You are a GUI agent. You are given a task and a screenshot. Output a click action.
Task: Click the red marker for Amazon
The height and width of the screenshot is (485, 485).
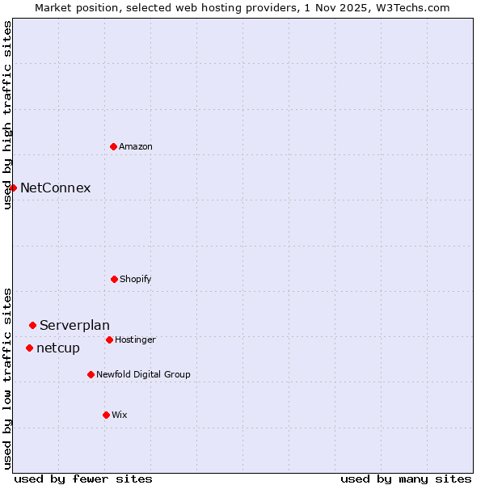pyautogui.click(x=113, y=146)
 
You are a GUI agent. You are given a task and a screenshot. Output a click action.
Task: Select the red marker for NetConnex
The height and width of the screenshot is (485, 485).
pyautogui.click(x=13, y=188)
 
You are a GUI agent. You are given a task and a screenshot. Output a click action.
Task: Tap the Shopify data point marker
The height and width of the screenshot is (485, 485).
pyautogui.click(x=114, y=279)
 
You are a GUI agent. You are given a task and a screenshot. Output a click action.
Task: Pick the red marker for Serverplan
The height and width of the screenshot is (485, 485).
pyautogui.click(x=32, y=325)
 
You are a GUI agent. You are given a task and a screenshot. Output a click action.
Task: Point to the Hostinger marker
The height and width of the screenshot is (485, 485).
pyautogui.click(x=109, y=339)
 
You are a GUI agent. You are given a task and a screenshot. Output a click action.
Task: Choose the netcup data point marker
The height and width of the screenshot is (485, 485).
pyautogui.click(x=29, y=348)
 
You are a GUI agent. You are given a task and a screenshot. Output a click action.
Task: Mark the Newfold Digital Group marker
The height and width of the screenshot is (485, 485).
pyautogui.click(x=91, y=374)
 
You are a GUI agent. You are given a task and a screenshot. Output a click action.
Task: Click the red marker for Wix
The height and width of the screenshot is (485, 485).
pyautogui.click(x=106, y=415)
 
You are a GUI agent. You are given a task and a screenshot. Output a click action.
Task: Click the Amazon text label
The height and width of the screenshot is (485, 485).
pyautogui.click(x=136, y=146)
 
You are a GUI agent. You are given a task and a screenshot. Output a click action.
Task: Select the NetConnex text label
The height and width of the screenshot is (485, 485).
pyautogui.click(x=55, y=188)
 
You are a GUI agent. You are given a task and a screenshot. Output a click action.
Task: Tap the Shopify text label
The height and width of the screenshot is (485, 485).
pyautogui.click(x=136, y=279)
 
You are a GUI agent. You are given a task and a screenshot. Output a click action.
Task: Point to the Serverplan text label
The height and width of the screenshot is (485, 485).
pyautogui.click(x=74, y=325)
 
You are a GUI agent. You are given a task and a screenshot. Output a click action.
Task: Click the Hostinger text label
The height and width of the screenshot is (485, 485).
pyautogui.click(x=135, y=339)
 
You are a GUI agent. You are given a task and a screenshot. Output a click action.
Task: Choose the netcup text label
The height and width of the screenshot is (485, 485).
pyautogui.click(x=58, y=348)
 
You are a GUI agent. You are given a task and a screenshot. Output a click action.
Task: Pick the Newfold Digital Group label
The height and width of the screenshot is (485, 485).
pyautogui.click(x=143, y=374)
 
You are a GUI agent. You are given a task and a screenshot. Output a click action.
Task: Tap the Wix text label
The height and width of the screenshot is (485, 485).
pyautogui.click(x=120, y=415)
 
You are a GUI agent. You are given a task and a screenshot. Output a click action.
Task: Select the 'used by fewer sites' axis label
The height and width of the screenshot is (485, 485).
pyautogui.click(x=83, y=479)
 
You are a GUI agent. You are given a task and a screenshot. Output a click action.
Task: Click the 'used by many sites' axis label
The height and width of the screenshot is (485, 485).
pyautogui.click(x=406, y=479)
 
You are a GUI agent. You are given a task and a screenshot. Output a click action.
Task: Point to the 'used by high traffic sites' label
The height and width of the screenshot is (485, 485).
pyautogui.click(x=7, y=115)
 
